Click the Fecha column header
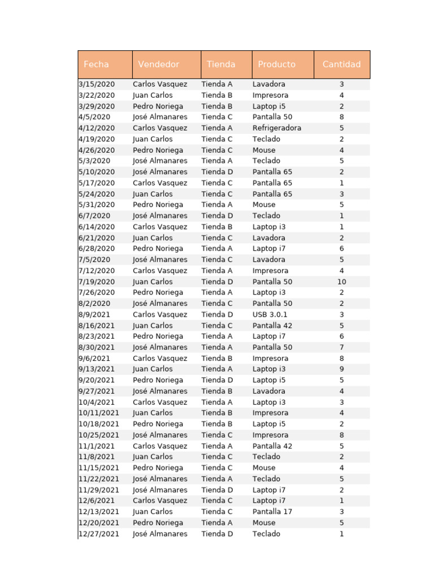pyautogui.click(x=96, y=64)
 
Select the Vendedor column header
pyautogui.click(x=159, y=64)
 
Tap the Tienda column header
pyautogui.click(x=221, y=64)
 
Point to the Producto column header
pyautogui.click(x=276, y=64)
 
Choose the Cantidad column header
pyautogui.click(x=341, y=64)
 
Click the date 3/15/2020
pyautogui.click(x=97, y=84)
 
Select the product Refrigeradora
pyautogui.click(x=277, y=128)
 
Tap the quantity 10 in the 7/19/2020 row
pyautogui.click(x=341, y=282)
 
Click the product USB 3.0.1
pyautogui.click(x=270, y=314)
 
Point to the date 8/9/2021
pyautogui.click(x=94, y=314)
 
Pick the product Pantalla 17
pyautogui.click(x=272, y=512)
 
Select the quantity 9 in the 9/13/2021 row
pyautogui.click(x=341, y=369)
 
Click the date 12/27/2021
pyautogui.click(x=99, y=534)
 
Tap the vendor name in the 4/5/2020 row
pyautogui.click(x=160, y=117)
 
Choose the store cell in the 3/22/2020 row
pyautogui.click(x=217, y=95)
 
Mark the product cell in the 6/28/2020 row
pyautogui.click(x=269, y=248)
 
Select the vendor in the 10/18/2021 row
pyautogui.click(x=158, y=424)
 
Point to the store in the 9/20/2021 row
pyautogui.click(x=217, y=380)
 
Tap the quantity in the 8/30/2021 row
pyautogui.click(x=341, y=347)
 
